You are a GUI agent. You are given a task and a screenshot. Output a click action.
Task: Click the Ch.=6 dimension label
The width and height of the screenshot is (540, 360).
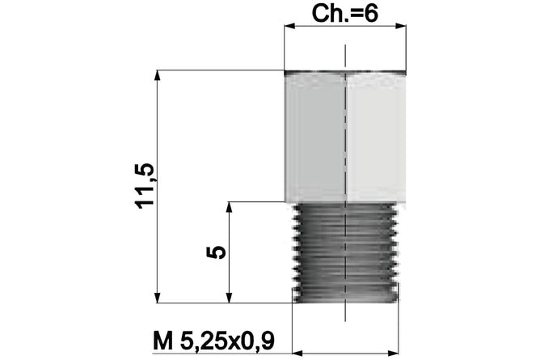(x=344, y=14)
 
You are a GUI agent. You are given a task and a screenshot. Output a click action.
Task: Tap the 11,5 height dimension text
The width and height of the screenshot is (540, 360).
(x=145, y=186)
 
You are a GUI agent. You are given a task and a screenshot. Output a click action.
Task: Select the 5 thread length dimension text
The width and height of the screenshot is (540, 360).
(x=217, y=252)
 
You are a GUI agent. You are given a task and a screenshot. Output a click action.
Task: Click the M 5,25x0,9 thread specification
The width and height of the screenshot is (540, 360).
(x=214, y=341)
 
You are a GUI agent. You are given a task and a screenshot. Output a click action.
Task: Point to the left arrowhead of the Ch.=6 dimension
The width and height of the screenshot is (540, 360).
(x=289, y=26)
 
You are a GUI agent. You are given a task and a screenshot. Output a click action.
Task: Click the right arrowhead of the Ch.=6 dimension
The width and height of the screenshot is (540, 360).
(x=400, y=26)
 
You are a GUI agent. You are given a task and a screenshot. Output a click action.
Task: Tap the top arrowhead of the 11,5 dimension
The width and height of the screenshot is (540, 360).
(x=158, y=75)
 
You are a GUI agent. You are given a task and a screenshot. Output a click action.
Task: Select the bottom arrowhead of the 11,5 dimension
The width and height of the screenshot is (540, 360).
(x=158, y=298)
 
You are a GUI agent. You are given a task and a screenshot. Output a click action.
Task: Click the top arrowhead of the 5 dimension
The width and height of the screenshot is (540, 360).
(x=230, y=207)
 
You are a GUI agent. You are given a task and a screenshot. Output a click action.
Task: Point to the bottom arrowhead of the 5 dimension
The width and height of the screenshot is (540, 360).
(x=230, y=298)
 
